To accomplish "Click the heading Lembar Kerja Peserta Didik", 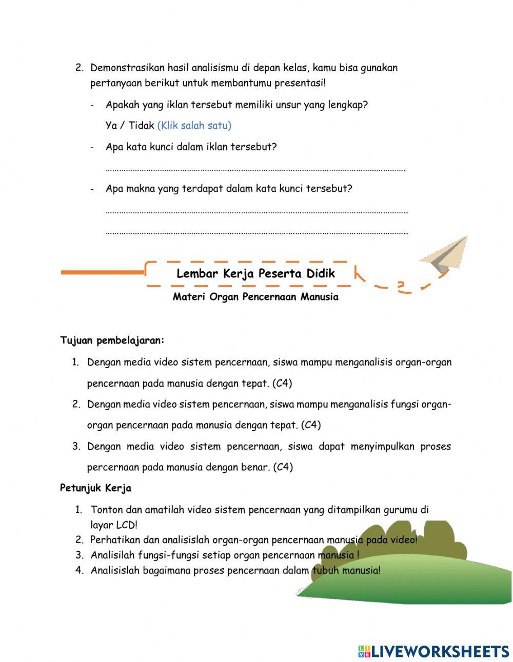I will click(255, 273).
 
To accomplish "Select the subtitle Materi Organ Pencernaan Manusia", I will click(255, 297).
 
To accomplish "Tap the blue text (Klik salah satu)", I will click(194, 125).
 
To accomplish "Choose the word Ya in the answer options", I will click(111, 125).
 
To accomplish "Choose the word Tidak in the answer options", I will click(141, 125).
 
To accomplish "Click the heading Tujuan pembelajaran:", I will click(112, 340).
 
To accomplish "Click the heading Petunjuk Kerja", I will click(95, 488).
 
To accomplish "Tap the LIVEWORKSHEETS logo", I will click(433, 651).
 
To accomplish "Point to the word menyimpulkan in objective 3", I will click(382, 446).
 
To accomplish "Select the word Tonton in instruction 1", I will click(106, 510).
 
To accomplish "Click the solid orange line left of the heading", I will click(103, 272).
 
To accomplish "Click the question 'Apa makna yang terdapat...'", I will click(229, 188).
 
